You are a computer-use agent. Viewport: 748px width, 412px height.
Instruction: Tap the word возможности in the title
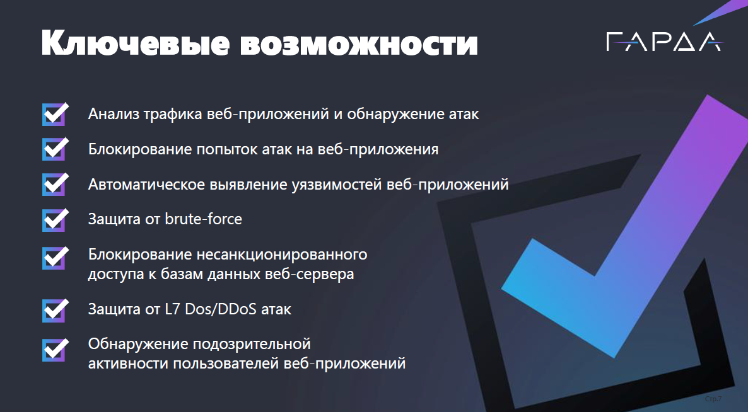click(359, 44)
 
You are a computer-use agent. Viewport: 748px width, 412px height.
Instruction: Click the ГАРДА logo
click(664, 42)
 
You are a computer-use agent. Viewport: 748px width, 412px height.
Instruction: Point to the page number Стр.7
click(713, 399)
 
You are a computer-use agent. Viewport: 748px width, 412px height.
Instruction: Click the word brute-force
click(203, 219)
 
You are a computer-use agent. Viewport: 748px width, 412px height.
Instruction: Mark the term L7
click(172, 309)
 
